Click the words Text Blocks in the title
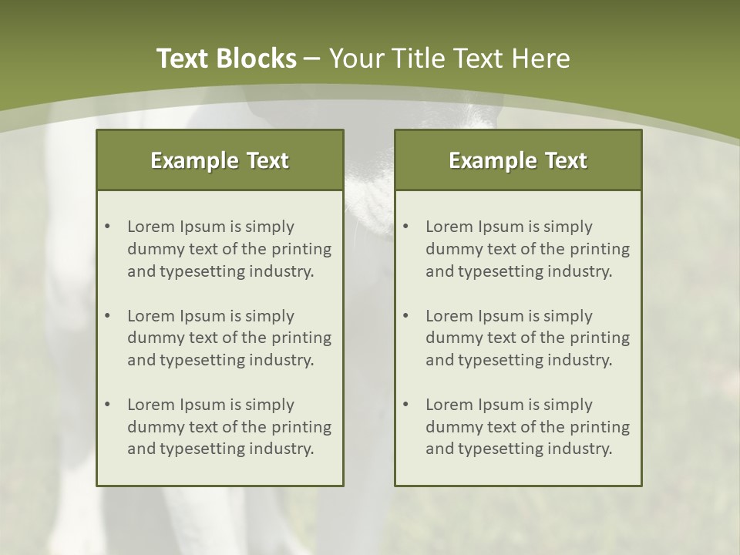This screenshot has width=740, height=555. click(226, 59)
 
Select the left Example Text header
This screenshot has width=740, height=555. click(220, 160)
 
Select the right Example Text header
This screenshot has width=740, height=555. click(518, 160)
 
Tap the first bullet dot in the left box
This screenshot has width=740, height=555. click(108, 227)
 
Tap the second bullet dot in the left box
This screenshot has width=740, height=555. click(108, 316)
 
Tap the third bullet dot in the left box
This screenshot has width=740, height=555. click(108, 405)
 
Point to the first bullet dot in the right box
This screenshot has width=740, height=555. click(406, 227)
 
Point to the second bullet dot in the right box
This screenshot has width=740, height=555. click(406, 316)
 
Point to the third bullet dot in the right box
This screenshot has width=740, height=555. click(406, 405)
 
